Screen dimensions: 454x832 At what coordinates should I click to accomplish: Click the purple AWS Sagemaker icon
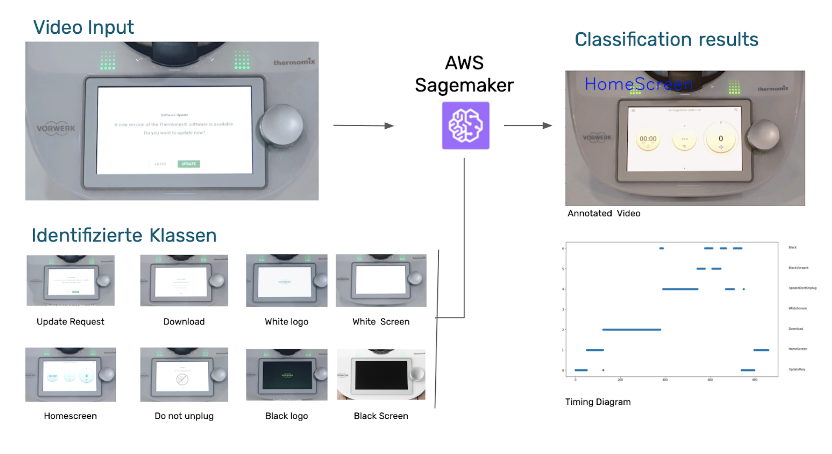tap(465, 125)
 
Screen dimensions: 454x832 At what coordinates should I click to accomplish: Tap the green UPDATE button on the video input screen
tap(189, 164)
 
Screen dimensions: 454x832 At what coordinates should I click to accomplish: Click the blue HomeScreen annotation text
tap(639, 84)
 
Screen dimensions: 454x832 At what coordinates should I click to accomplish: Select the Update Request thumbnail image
tap(70, 280)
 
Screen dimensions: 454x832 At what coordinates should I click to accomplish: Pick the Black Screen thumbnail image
tap(381, 375)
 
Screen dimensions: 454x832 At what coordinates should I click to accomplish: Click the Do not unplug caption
tap(184, 416)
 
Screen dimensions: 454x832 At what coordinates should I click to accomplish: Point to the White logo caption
tap(286, 321)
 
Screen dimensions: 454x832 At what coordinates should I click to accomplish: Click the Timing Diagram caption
tap(598, 402)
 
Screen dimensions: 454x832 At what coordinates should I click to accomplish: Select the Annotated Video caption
tap(604, 213)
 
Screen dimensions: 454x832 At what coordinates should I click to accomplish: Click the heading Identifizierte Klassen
tap(124, 235)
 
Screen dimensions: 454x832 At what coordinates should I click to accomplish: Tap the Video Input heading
tap(83, 27)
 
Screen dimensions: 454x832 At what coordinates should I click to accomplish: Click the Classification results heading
tap(666, 40)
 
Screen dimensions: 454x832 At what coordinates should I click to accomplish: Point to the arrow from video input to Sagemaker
tap(363, 125)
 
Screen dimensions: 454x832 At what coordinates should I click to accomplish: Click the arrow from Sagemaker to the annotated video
tap(528, 125)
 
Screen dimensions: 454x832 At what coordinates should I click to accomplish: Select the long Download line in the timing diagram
tap(631, 329)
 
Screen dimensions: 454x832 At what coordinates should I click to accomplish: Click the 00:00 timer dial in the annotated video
tap(648, 139)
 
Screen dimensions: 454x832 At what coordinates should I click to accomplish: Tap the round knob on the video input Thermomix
tap(282, 125)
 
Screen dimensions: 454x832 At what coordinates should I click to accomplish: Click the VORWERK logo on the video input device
tap(56, 128)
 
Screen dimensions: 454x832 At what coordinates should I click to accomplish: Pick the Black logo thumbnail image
tap(286, 375)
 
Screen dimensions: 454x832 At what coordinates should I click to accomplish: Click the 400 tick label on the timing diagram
tap(665, 380)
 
